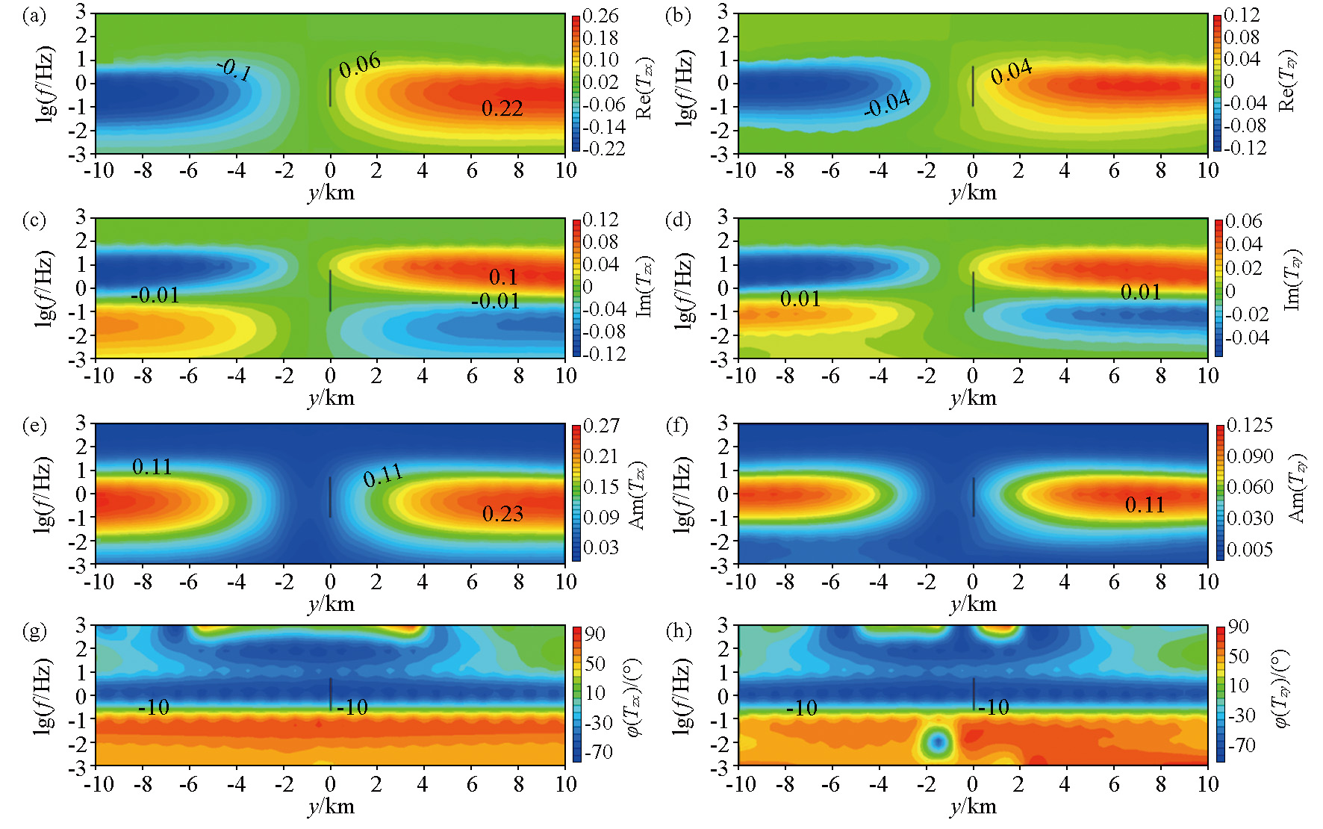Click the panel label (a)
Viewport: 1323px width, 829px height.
coord(34,16)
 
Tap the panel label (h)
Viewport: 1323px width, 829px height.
coord(678,632)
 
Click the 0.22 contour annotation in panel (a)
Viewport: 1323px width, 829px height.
coord(502,109)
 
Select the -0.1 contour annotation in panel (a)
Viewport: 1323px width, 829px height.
coord(234,70)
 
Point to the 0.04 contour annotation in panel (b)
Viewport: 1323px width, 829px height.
coord(1012,72)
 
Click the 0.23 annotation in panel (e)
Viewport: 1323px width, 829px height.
coord(502,514)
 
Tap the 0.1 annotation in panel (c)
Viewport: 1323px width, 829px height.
coord(503,277)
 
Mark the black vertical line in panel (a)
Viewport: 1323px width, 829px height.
coord(330,87)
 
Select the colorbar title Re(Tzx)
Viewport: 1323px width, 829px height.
coord(644,87)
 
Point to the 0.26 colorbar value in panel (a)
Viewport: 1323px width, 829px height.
coord(600,16)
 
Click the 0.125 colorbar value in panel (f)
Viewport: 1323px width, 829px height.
coord(1249,425)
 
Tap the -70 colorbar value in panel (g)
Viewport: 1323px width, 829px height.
coord(598,751)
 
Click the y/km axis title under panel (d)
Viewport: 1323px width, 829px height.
coord(973,397)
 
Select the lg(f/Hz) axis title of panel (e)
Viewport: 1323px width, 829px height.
coord(43,494)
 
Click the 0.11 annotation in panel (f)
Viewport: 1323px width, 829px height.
coord(1145,506)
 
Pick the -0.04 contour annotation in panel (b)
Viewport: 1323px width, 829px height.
coord(887,104)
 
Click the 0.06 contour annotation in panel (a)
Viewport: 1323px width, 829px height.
coord(360,65)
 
